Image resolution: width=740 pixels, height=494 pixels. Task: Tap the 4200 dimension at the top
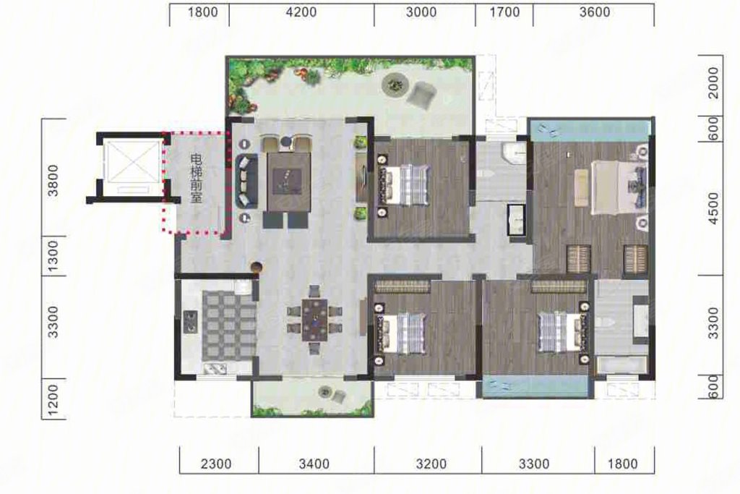click(301, 12)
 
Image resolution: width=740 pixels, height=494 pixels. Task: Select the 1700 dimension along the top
click(504, 12)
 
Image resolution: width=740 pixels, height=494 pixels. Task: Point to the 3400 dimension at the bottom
click(314, 464)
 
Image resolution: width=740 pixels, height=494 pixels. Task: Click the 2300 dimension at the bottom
click(216, 464)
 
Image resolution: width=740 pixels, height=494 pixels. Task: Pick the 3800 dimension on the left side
click(53, 180)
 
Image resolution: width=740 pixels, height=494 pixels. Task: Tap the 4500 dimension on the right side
click(713, 208)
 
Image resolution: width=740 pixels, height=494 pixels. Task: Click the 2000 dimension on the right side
click(713, 82)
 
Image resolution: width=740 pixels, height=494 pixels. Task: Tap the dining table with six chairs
click(315, 319)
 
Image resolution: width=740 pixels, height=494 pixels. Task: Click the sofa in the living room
click(246, 180)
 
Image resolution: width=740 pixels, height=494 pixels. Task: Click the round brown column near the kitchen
click(257, 268)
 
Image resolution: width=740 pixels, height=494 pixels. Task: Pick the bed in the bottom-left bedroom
click(403, 333)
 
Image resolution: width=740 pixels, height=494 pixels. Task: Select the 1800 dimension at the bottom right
click(623, 464)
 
